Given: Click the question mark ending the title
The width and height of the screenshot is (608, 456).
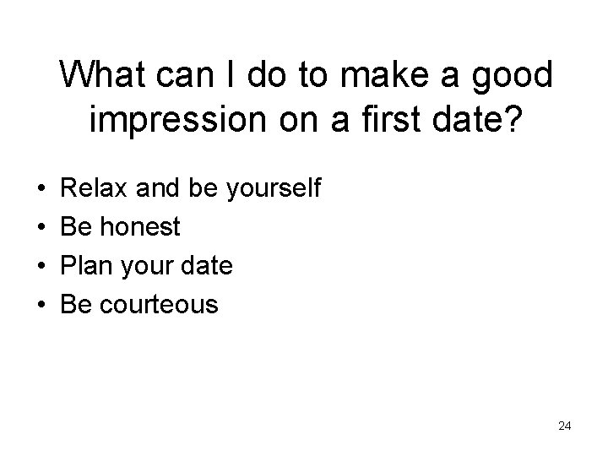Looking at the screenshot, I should [x=514, y=122].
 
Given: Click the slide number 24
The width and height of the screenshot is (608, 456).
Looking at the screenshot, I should [x=564, y=426].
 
